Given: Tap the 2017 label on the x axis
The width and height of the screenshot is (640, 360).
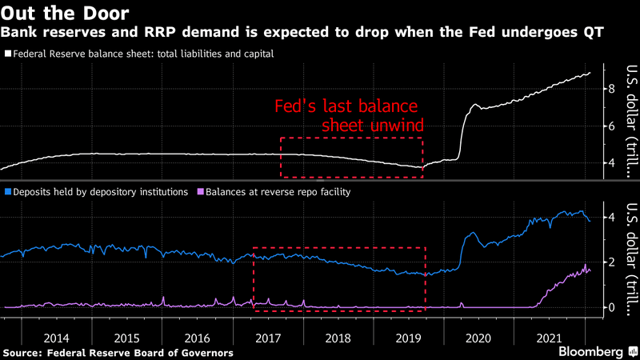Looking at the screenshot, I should tap(274, 326).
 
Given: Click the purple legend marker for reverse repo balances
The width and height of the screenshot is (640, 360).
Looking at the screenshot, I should tap(199, 192).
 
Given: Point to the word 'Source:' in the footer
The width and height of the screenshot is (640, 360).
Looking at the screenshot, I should tap(26, 352).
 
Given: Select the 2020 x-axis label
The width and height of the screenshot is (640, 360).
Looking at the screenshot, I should tap(477, 326).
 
